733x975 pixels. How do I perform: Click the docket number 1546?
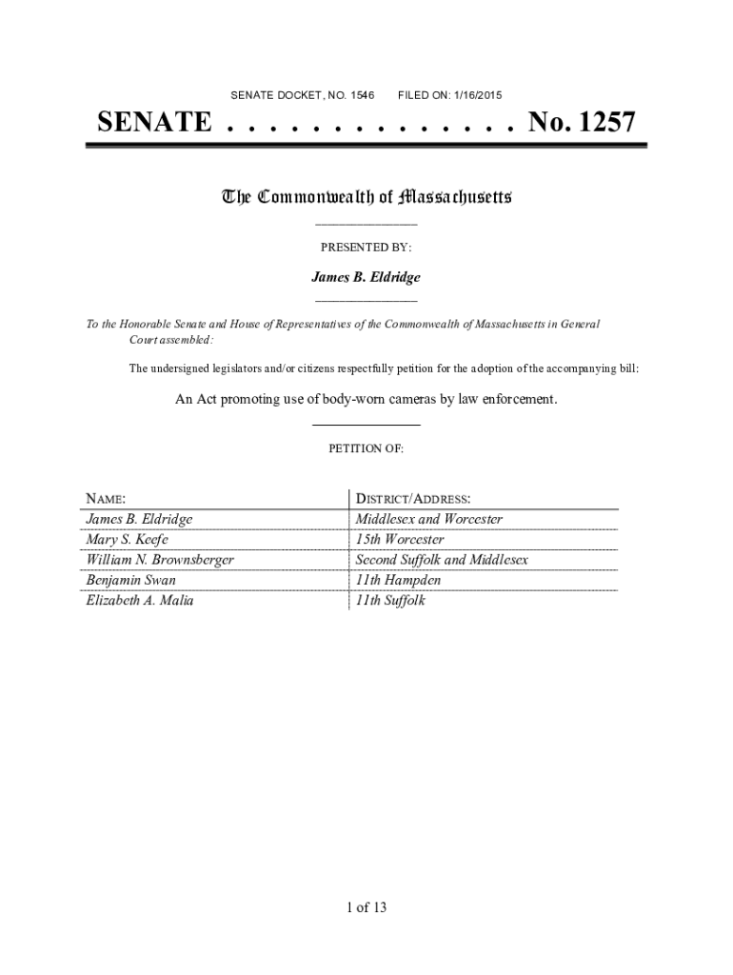(x=362, y=95)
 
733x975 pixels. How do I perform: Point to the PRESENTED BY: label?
(x=366, y=248)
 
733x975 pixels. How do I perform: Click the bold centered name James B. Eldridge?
(x=366, y=277)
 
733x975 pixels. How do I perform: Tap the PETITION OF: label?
(x=366, y=448)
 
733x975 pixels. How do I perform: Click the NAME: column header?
(x=107, y=499)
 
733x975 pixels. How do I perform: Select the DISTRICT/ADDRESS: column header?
(x=413, y=499)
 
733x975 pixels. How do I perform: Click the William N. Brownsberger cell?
(x=160, y=560)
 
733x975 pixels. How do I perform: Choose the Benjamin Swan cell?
(x=131, y=580)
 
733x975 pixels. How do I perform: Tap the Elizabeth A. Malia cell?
(x=140, y=601)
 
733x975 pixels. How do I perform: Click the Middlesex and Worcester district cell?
(x=428, y=519)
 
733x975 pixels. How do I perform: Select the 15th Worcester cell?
(x=399, y=540)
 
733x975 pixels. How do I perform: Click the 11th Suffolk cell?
(x=390, y=601)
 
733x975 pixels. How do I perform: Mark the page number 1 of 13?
(x=366, y=907)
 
